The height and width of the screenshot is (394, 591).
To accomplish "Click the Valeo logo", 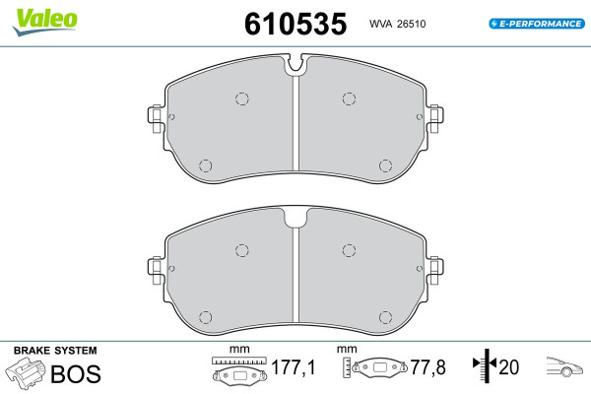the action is click(x=45, y=22).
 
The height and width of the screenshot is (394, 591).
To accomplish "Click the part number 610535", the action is click(x=295, y=24).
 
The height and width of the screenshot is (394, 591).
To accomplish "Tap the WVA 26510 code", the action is click(x=397, y=24).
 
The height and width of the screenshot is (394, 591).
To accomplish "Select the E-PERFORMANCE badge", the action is click(x=537, y=24).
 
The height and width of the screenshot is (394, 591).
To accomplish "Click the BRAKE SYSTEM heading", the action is click(x=55, y=351).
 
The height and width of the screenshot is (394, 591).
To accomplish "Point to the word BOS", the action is click(x=76, y=373).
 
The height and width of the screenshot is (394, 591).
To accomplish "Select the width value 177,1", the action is click(x=293, y=367).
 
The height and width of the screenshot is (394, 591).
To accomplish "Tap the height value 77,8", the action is click(x=427, y=367).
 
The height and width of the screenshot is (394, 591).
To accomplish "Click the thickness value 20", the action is click(x=509, y=367).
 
